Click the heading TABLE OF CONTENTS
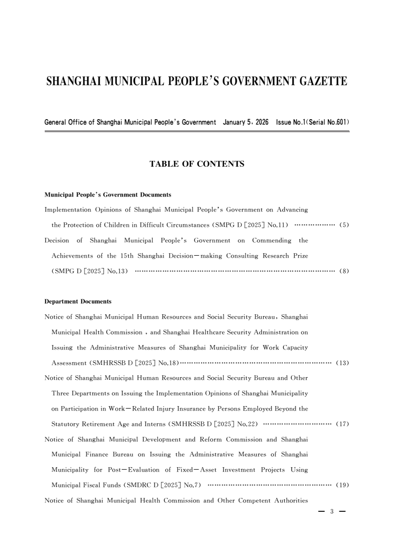[x=197, y=164]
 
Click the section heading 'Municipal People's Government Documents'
[x=107, y=194]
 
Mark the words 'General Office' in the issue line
[x=62, y=122]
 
